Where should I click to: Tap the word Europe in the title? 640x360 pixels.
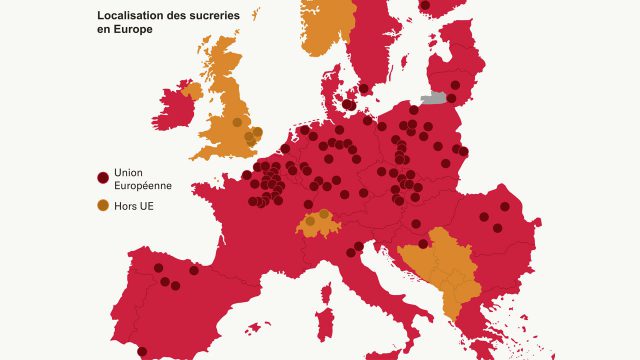coord(131,30)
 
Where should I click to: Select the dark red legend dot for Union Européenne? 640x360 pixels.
coord(102,178)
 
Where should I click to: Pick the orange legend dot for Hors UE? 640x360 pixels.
coord(102,206)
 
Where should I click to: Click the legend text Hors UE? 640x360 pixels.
coord(134,207)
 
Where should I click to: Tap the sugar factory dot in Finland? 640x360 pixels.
coord(425,5)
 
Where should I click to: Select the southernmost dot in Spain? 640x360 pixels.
coord(142,351)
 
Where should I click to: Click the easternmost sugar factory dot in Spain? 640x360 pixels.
coord(194,270)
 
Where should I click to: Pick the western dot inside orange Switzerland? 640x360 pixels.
coord(310,220)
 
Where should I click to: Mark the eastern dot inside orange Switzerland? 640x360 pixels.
coord(324,214)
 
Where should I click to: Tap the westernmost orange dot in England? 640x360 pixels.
coord(237,122)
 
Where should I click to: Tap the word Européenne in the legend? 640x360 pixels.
coord(142,186)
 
